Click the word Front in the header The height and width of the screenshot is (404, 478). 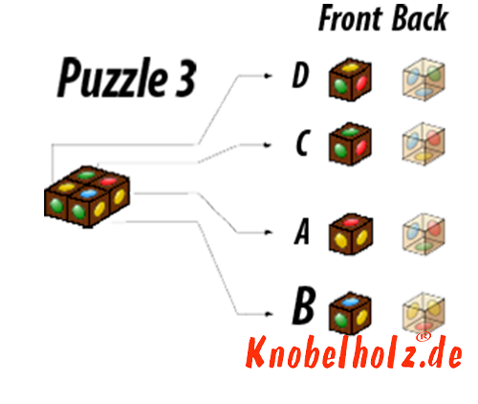(351, 18)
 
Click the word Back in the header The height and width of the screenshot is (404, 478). (421, 18)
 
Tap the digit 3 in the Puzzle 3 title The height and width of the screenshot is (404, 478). (185, 79)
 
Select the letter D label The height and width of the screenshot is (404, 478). (301, 76)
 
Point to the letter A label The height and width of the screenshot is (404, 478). (301, 232)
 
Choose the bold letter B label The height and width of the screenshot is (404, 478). (304, 305)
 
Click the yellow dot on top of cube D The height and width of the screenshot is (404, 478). (349, 67)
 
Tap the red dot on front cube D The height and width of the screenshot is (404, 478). (361, 83)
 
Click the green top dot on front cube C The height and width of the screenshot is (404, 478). (350, 131)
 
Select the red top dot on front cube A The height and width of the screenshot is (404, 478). (351, 222)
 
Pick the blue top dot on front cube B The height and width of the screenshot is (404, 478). (350, 302)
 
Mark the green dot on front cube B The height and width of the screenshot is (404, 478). (340, 319)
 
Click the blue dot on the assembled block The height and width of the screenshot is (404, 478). (89, 193)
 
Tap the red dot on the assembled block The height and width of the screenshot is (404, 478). (108, 182)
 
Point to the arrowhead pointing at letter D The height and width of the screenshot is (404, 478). (269, 76)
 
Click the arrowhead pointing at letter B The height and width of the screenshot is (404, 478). (269, 314)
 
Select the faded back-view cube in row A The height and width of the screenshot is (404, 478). (424, 235)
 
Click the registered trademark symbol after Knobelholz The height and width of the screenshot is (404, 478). (424, 337)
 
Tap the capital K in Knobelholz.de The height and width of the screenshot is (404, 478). (257, 352)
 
